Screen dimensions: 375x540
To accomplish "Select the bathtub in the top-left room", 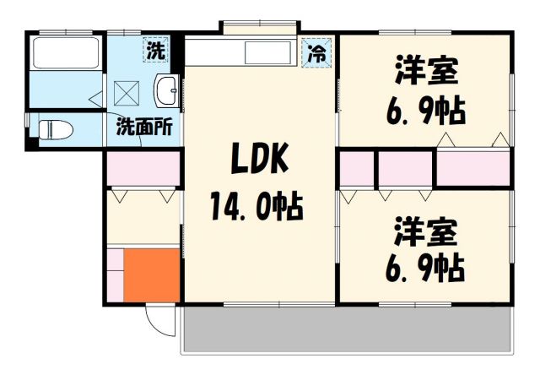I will pos(66,53).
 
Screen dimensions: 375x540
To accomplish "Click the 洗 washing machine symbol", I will pos(156,50).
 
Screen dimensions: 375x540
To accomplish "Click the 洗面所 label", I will pos(143,128).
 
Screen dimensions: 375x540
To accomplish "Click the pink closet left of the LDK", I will pos(143,168).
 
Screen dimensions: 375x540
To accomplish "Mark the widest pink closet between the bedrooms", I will pos(473,168).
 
